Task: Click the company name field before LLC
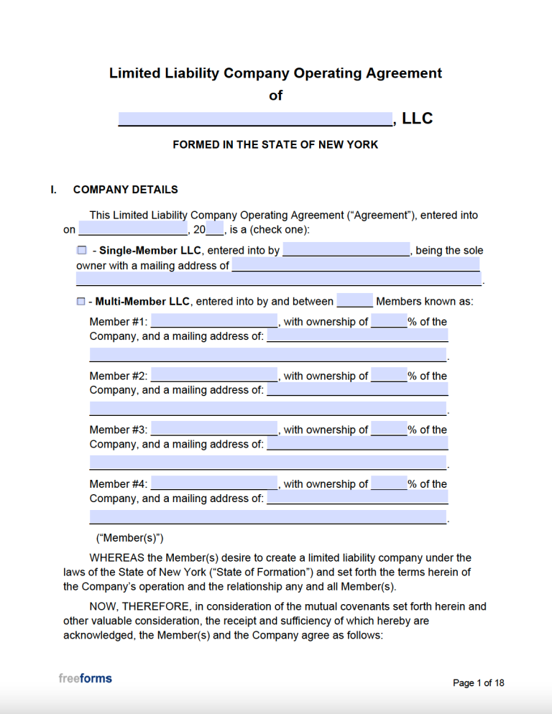[255, 119]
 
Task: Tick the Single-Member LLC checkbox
[81, 251]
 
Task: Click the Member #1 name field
[214, 321]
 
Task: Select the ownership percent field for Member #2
[389, 375]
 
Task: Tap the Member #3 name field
[214, 429]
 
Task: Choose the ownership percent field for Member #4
[389, 483]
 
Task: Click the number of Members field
[354, 301]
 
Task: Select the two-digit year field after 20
[215, 230]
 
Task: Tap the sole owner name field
[346, 250]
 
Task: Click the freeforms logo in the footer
[85, 678]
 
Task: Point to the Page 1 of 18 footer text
[478, 683]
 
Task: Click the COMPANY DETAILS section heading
[125, 190]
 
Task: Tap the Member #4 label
[118, 484]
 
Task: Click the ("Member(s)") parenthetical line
[130, 537]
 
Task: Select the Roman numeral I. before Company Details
[53, 190]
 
